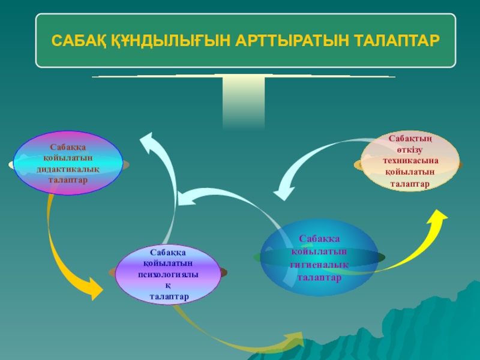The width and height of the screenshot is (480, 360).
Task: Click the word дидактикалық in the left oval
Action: tap(68, 170)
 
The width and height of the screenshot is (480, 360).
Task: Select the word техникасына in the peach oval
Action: tap(410, 161)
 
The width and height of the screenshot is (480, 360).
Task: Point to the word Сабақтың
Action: tap(410, 139)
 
